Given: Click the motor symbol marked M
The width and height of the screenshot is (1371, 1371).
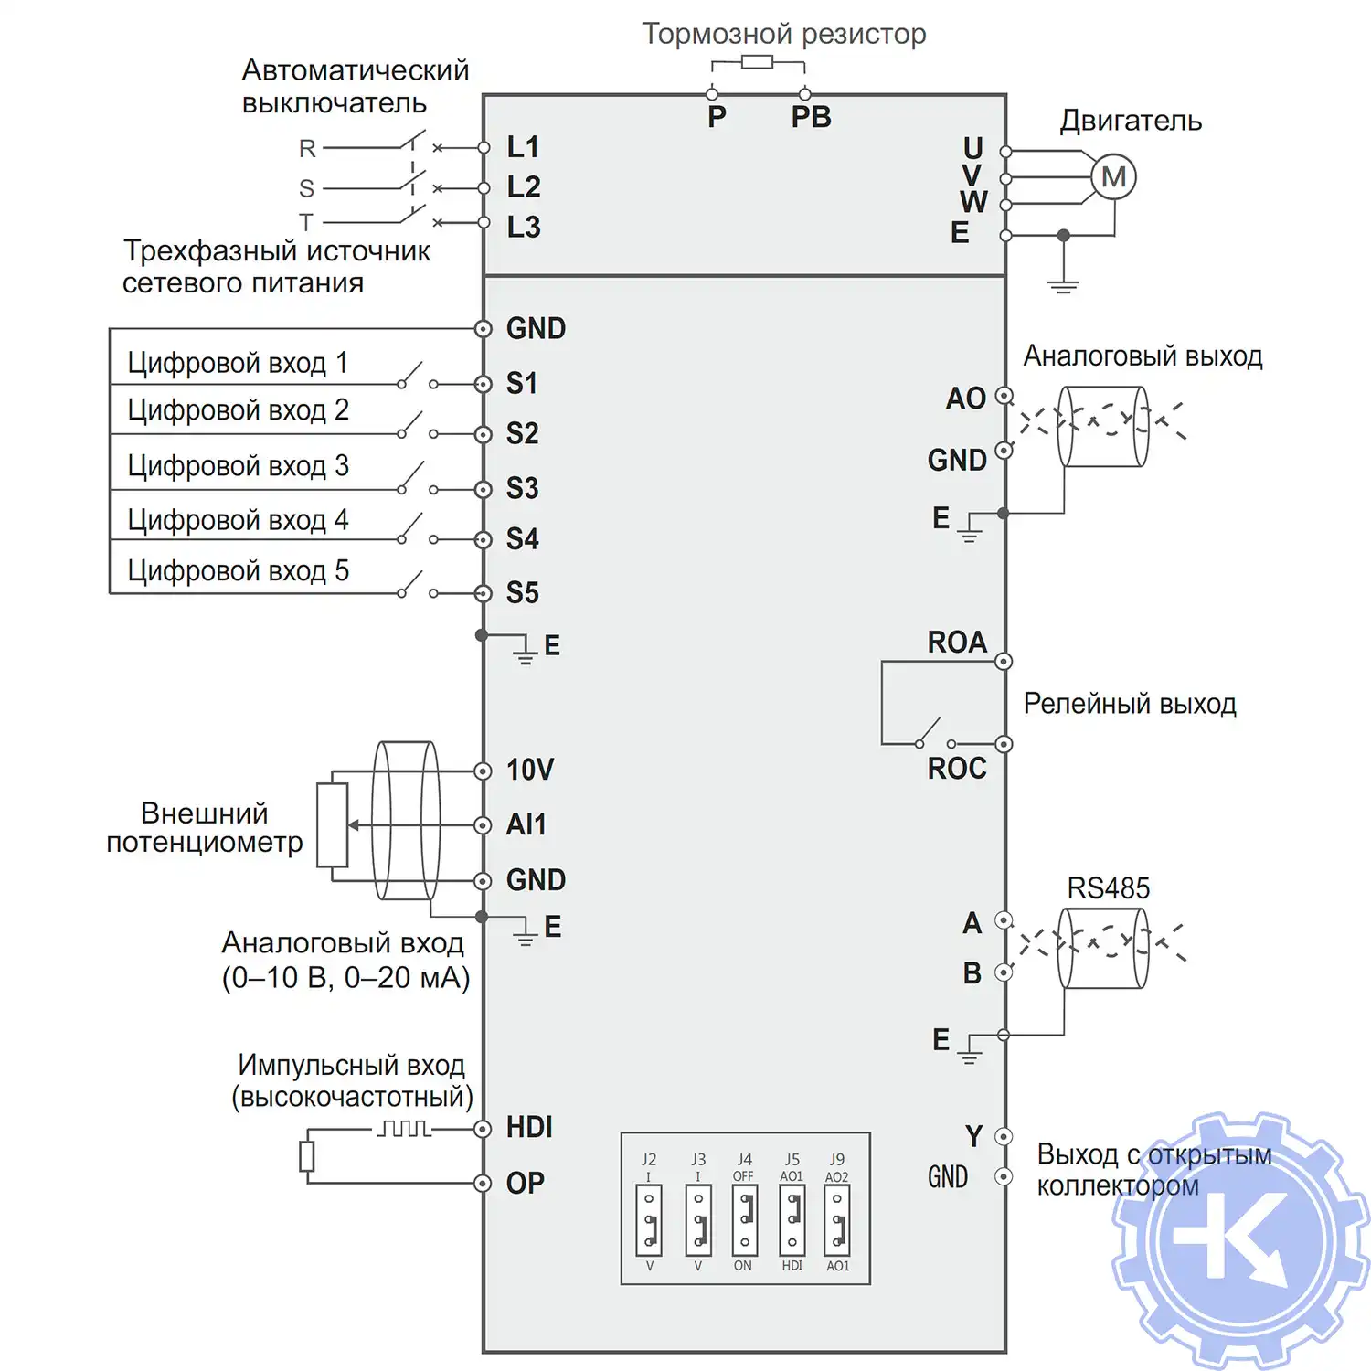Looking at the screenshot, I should click(x=1113, y=177).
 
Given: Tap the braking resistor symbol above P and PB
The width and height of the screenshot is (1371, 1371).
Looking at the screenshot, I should click(x=757, y=62).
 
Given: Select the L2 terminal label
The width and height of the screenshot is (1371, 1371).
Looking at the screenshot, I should click(x=524, y=187).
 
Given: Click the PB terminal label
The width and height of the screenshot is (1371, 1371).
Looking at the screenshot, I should click(x=811, y=117).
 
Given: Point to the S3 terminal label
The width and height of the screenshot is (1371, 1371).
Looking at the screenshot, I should click(x=523, y=488).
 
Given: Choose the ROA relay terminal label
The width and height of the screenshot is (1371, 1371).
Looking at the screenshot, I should click(x=957, y=643).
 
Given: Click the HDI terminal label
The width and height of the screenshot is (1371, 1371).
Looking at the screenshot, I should click(x=529, y=1128).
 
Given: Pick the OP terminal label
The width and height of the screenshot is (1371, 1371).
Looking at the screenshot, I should click(x=526, y=1184).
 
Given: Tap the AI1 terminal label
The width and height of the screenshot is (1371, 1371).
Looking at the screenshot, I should click(x=526, y=824).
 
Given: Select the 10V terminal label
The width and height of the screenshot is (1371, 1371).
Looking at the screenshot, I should click(x=530, y=770).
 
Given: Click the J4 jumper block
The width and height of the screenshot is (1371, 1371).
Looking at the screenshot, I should click(x=744, y=1220).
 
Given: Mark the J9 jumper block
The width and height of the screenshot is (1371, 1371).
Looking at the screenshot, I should click(x=837, y=1220).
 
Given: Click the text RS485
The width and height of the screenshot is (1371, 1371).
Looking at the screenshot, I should click(x=1108, y=888).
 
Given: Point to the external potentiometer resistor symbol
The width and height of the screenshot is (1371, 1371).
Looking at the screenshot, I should click(x=333, y=824).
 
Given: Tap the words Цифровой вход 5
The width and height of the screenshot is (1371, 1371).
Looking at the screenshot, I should click(x=238, y=571).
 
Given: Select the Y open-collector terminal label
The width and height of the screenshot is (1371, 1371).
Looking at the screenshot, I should click(x=973, y=1136).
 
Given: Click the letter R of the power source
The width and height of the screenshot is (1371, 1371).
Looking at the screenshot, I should click(x=307, y=148).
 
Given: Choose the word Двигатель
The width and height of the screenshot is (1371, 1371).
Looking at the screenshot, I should click(x=1131, y=121).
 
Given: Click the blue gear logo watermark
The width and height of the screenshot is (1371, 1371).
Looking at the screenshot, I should click(x=1241, y=1241).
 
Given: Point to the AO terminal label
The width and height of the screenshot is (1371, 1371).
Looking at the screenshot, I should click(x=965, y=399).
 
